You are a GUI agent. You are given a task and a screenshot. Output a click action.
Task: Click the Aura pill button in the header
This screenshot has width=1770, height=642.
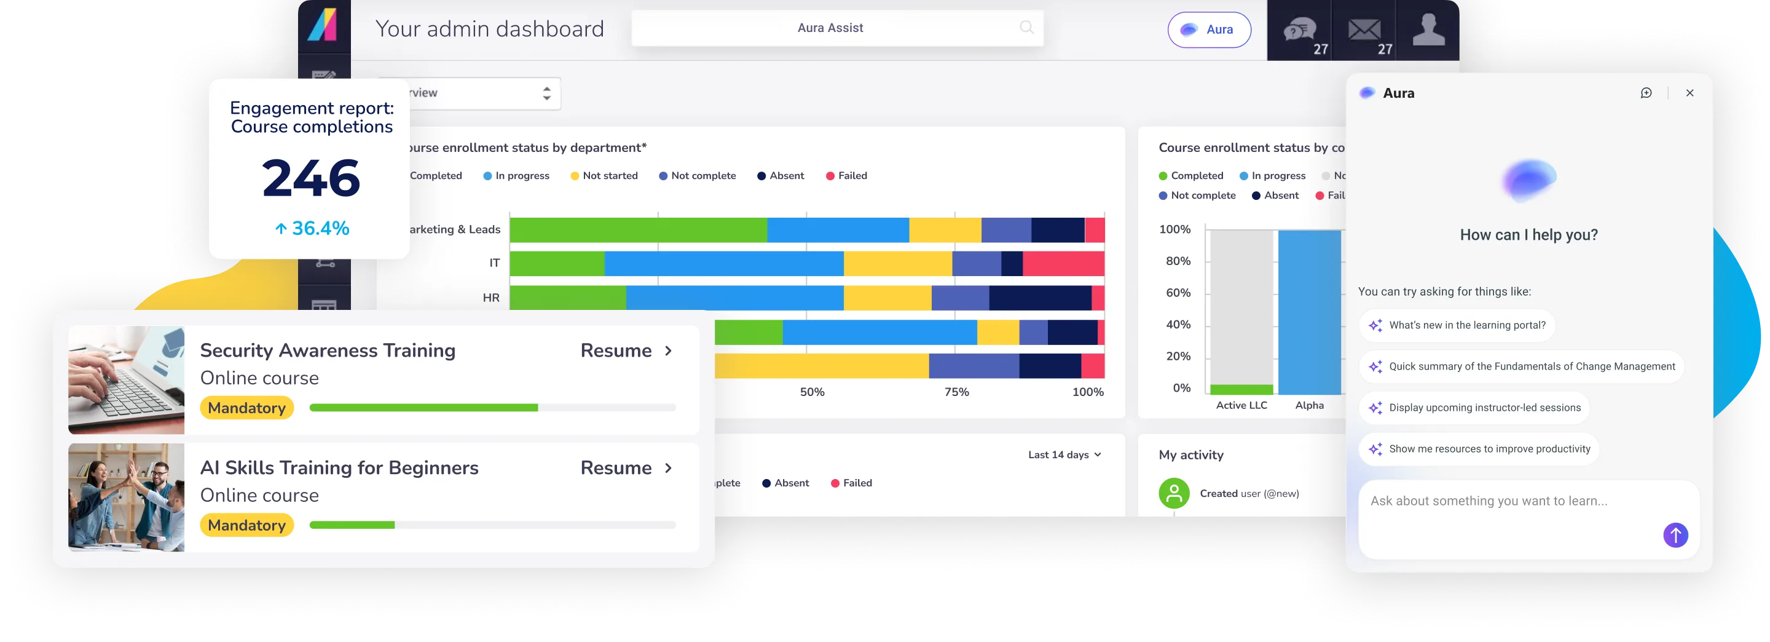click(1209, 30)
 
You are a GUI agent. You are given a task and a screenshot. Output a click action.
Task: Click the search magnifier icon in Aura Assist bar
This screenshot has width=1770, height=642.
click(1026, 28)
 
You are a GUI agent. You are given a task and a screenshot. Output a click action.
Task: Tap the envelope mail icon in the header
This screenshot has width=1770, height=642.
click(1364, 30)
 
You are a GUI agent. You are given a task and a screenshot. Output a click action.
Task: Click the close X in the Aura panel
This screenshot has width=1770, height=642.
click(1689, 93)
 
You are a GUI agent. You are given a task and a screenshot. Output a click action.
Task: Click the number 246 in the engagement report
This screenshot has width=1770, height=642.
click(310, 179)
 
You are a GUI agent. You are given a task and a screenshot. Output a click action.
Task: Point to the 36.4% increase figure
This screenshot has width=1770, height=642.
click(312, 228)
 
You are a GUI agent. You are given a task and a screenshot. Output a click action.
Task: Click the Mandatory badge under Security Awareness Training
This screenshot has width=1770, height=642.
click(246, 408)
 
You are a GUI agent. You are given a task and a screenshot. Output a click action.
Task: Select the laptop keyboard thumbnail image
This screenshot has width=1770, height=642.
click(127, 380)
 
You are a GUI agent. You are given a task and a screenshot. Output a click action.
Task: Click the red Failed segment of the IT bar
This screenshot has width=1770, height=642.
click(1063, 264)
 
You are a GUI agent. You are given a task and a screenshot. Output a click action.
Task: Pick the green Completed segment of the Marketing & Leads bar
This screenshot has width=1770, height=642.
click(638, 230)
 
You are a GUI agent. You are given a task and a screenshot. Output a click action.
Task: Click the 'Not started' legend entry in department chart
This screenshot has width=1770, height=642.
click(604, 176)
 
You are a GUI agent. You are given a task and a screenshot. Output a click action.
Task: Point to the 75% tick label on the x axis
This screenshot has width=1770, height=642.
click(956, 392)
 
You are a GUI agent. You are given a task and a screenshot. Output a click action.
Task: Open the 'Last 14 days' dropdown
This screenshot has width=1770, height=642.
click(1064, 455)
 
